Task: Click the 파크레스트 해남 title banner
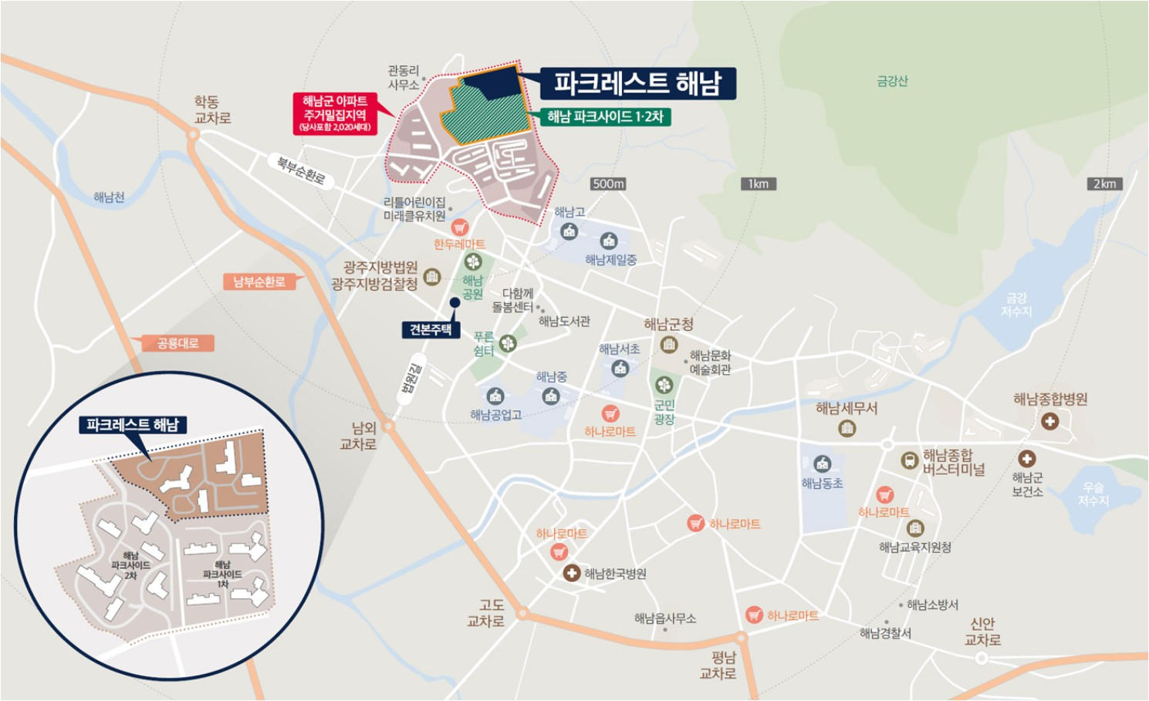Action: pos(637,83)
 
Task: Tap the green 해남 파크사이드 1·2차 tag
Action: pos(605,116)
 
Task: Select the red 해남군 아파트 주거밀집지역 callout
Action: pos(335,113)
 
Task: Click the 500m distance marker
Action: pos(608,184)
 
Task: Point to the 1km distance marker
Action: pos(758,184)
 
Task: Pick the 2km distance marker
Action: pos(1103,184)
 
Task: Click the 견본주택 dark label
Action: pos(431,329)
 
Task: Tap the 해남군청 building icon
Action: pos(669,344)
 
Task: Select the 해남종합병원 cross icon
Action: pos(1049,421)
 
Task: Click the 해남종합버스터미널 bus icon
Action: pos(910,460)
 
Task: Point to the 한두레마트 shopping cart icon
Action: pos(460,227)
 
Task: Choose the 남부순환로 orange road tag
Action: pos(259,281)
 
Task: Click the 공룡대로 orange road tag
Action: pos(178,343)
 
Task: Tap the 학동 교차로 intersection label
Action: pos(212,110)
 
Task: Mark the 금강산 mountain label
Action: pos(892,81)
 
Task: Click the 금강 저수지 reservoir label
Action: pos(1016,304)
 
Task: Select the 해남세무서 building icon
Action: pos(847,428)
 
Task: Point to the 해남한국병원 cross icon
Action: pos(571,573)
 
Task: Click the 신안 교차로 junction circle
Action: pos(982,658)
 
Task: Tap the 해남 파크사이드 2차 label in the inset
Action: pos(130,565)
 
